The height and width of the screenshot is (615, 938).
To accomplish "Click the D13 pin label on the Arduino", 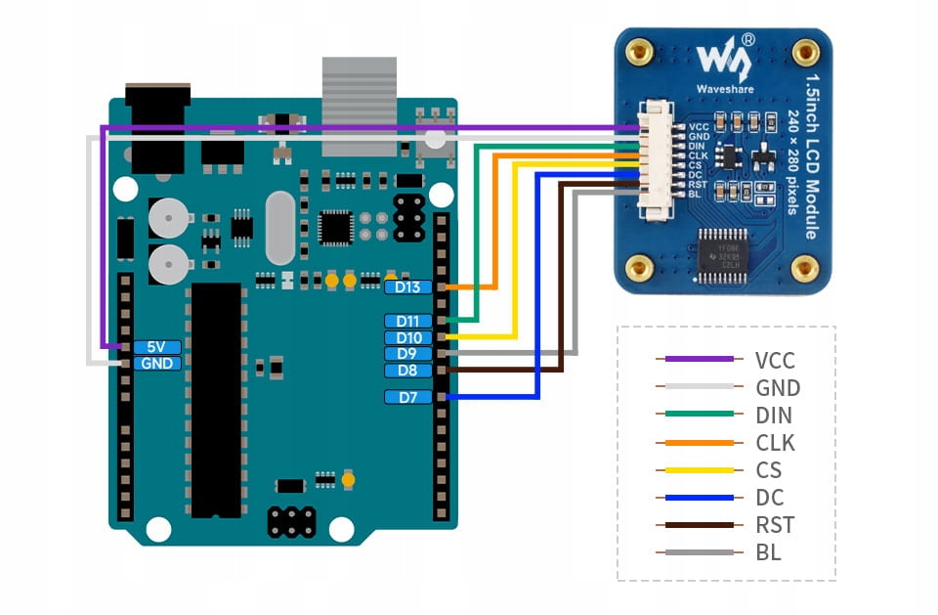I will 408,286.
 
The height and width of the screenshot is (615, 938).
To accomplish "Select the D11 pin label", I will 408,321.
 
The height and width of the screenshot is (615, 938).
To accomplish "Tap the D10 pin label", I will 408,337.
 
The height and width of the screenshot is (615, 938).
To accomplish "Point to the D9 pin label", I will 408,354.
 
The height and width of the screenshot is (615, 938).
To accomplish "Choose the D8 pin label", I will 408,371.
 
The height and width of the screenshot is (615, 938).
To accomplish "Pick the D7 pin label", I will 408,397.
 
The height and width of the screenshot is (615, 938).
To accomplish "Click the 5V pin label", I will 156,346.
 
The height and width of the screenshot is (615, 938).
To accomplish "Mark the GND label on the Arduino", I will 156,363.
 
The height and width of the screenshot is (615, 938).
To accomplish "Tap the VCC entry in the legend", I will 777,359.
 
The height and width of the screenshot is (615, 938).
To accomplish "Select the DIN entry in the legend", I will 774,416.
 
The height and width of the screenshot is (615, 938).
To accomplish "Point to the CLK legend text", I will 775,443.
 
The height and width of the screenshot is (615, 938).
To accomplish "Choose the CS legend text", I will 769,470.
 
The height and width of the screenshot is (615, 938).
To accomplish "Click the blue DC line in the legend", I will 695,498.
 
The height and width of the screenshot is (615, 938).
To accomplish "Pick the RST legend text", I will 775,525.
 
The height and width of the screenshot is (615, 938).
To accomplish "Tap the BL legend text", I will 768,552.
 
